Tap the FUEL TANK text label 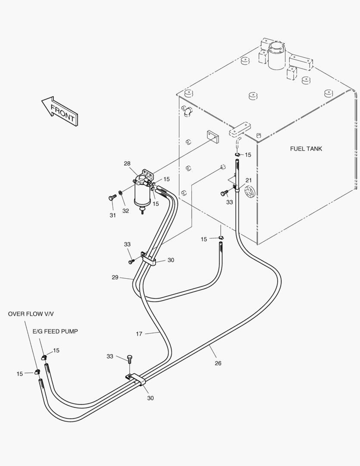tap(306, 149)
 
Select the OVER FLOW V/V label tap(31, 314)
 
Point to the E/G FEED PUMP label tap(55, 331)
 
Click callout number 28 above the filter tap(127, 164)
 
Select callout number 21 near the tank tap(248, 180)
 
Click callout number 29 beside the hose tap(115, 277)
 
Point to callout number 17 tap(139, 334)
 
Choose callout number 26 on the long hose tap(218, 363)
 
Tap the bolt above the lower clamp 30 tap(129, 358)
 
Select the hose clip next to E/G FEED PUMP tap(44, 356)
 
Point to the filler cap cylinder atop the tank tap(276, 55)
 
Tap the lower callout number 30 tap(150, 398)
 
